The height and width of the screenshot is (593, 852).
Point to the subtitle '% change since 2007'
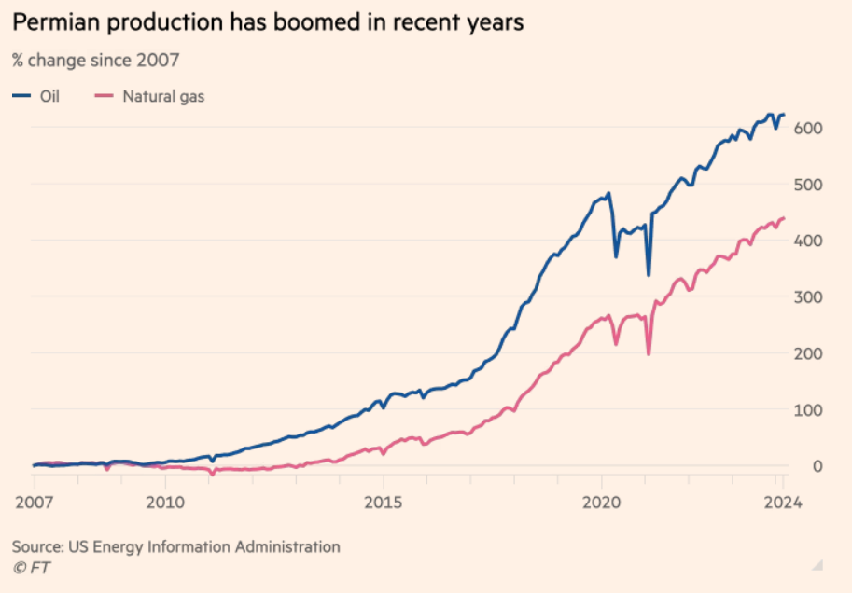(95, 61)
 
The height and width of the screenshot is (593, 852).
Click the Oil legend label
(49, 95)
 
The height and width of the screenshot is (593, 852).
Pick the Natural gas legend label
(163, 95)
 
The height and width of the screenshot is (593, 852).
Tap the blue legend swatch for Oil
(21, 95)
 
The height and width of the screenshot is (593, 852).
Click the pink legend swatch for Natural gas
(105, 95)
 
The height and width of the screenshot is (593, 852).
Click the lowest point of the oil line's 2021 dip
(649, 275)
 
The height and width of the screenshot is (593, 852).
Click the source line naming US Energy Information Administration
(175, 546)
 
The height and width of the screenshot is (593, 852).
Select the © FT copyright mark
(31, 567)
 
